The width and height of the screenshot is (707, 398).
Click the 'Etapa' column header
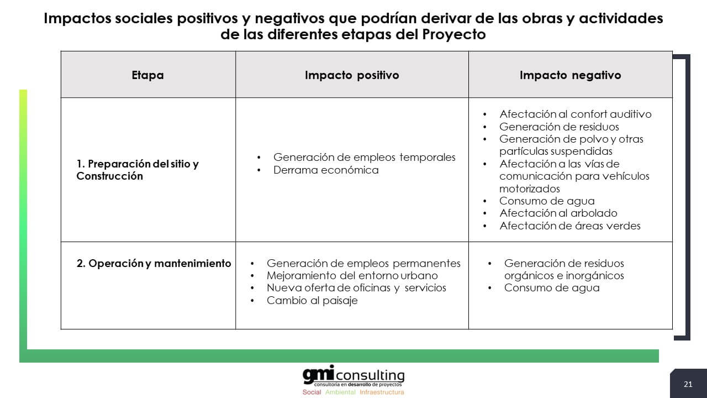[x=147, y=75]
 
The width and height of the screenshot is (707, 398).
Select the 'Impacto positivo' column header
[x=352, y=75]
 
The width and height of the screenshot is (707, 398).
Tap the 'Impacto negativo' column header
[x=571, y=75]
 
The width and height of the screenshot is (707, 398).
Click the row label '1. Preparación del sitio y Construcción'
[x=138, y=170]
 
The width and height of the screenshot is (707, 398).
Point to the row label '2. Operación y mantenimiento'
[x=154, y=263]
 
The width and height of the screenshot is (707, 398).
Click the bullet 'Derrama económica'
[x=326, y=170]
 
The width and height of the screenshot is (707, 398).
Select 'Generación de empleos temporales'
[x=364, y=157]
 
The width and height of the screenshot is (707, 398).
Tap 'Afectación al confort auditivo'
[x=575, y=114]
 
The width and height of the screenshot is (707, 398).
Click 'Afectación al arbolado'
[x=558, y=213]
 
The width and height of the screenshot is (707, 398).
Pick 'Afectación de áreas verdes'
[x=569, y=226]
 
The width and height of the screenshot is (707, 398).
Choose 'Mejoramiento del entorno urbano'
[x=352, y=275]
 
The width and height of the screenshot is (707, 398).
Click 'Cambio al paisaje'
[x=312, y=300]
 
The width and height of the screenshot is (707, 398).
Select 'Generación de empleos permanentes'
[x=363, y=263]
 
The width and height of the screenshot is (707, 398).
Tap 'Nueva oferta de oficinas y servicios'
[x=356, y=288]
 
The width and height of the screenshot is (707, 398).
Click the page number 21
[x=688, y=384]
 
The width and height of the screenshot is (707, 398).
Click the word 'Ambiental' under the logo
[x=340, y=392]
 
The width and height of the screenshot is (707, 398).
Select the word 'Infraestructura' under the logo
[x=382, y=392]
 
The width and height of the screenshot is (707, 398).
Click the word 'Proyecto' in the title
[x=454, y=34]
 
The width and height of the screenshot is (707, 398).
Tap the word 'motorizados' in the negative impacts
[x=529, y=188]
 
